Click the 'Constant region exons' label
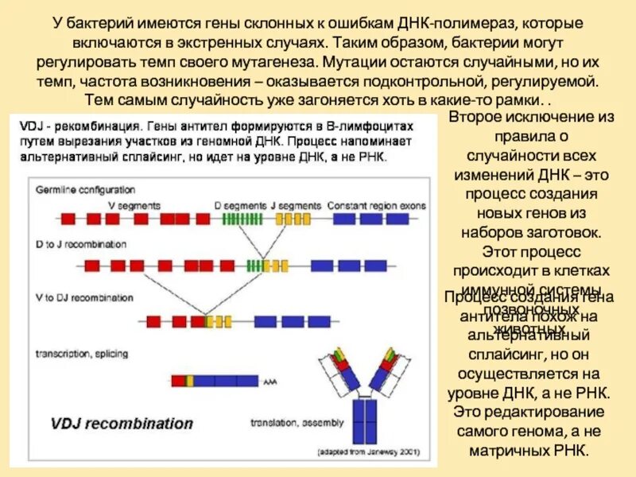368,204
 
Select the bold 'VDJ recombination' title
124,423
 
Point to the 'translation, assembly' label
297,421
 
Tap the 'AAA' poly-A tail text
269,381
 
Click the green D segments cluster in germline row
242,217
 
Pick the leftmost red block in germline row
69,217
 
